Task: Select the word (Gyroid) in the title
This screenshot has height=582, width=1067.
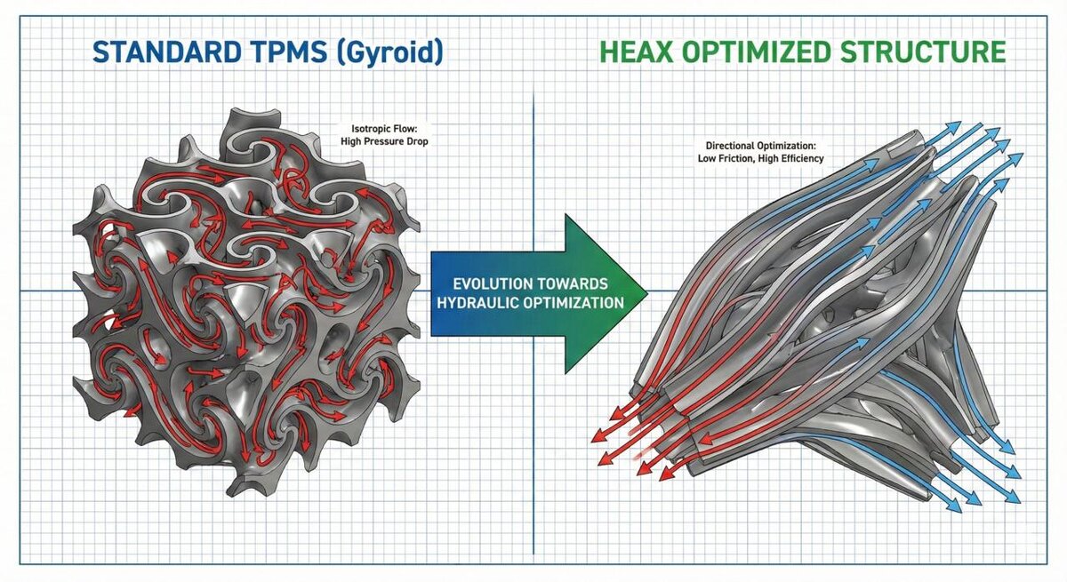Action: [x=393, y=52]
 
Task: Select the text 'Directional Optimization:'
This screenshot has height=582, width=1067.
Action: [x=760, y=145]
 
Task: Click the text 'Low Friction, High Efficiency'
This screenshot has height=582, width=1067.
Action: [x=760, y=158]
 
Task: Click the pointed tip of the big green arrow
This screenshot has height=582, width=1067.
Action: [x=646, y=292]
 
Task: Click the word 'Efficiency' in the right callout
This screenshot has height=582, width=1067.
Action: [x=800, y=158]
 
